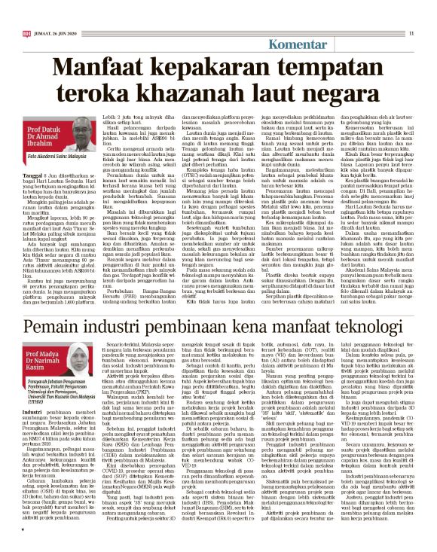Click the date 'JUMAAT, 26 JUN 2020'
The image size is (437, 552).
coord(56,11)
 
